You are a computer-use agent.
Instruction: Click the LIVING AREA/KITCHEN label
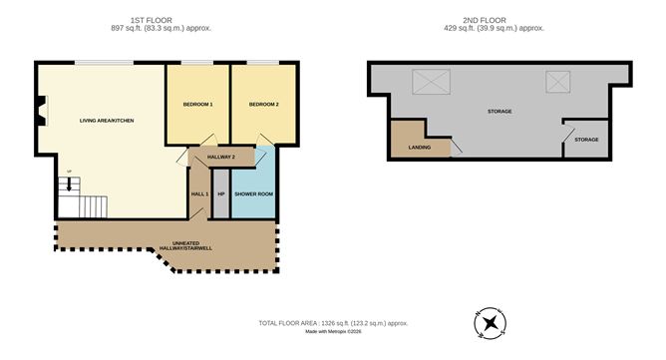pyautogui.click(x=107, y=121)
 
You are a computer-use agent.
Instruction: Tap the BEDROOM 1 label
pyautogui.click(x=197, y=105)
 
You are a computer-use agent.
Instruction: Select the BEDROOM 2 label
pyautogui.click(x=264, y=105)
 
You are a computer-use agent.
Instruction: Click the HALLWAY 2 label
pyautogui.click(x=221, y=157)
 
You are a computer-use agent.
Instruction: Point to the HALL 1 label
pyautogui.click(x=198, y=192)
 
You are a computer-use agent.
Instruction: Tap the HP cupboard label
pyautogui.click(x=221, y=192)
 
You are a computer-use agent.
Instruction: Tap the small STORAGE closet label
pyautogui.click(x=586, y=140)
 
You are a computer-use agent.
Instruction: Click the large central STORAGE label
pyautogui.click(x=499, y=111)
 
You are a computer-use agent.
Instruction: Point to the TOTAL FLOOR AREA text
pyautogui.click(x=332, y=323)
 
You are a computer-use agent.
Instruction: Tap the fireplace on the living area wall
pyautogui.click(x=39, y=111)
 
